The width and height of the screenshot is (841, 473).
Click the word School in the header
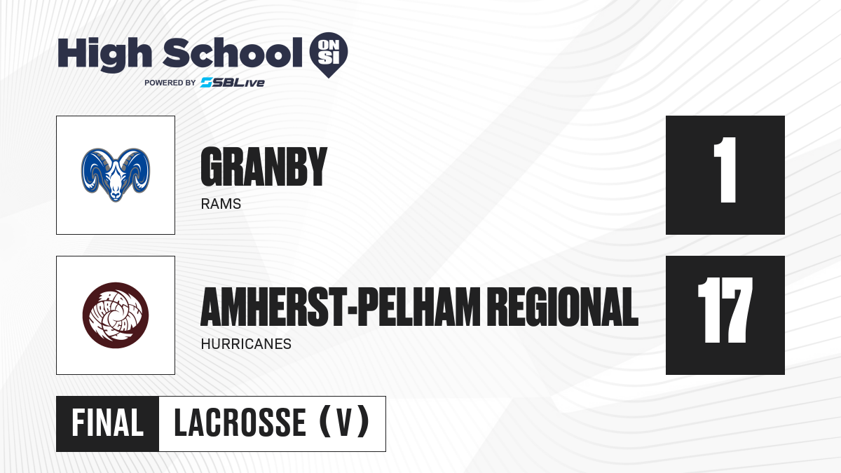click(233, 53)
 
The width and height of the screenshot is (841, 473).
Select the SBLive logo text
click(233, 83)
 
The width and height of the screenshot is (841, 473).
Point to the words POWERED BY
click(170, 83)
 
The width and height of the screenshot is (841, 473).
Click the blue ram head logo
click(116, 175)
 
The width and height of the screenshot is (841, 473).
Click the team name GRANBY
click(264, 166)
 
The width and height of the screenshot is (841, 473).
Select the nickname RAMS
click(221, 204)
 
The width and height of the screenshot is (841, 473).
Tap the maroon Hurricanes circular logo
click(116, 315)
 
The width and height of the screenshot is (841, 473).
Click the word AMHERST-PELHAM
click(341, 307)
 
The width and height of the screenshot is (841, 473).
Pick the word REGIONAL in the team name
click(565, 307)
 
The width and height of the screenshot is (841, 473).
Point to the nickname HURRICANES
click(246, 344)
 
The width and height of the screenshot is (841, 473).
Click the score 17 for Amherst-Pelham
click(725, 310)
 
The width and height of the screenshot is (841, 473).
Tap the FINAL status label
click(108, 423)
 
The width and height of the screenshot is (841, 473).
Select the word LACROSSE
click(240, 423)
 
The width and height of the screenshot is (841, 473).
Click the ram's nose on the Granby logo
click(116, 196)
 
